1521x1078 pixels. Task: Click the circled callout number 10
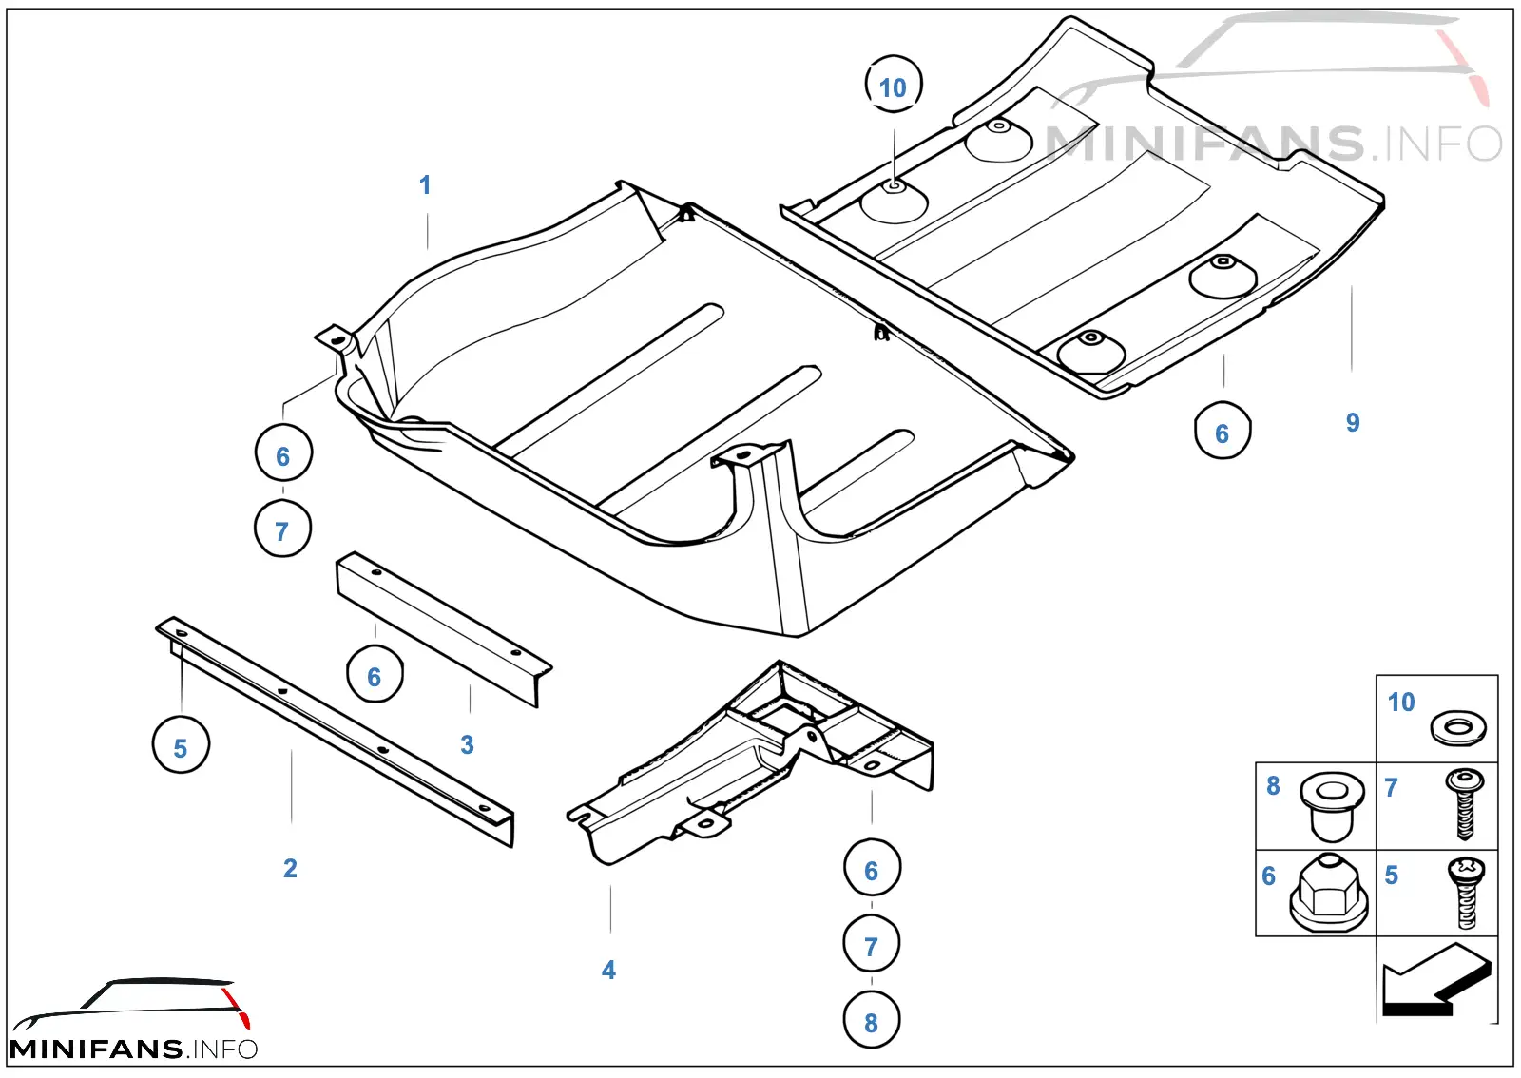coord(894,85)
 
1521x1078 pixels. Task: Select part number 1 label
coord(425,184)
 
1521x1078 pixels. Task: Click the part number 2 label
coord(290,868)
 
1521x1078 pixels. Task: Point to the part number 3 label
coord(467,744)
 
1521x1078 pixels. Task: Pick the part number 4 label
coord(608,970)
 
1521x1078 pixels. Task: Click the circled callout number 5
coord(181,744)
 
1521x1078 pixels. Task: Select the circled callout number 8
coord(872,1020)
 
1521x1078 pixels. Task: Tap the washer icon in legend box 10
coord(1458,728)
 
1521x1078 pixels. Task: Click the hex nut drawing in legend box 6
coord(1329,893)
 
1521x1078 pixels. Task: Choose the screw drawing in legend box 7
coord(1465,804)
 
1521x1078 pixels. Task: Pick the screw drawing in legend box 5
coord(1466,893)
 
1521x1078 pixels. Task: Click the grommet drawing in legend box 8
coord(1332,806)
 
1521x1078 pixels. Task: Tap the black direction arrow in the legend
coord(1436,980)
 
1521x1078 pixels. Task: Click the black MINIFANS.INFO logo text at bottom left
coord(134,1049)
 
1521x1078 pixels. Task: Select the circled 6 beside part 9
coord(1223,431)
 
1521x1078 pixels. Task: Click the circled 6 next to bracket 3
coord(375,674)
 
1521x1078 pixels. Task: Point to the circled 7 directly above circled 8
coord(872,944)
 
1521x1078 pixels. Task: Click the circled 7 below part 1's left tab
coord(283,529)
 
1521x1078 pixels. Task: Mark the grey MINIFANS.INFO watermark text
coord(1274,144)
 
